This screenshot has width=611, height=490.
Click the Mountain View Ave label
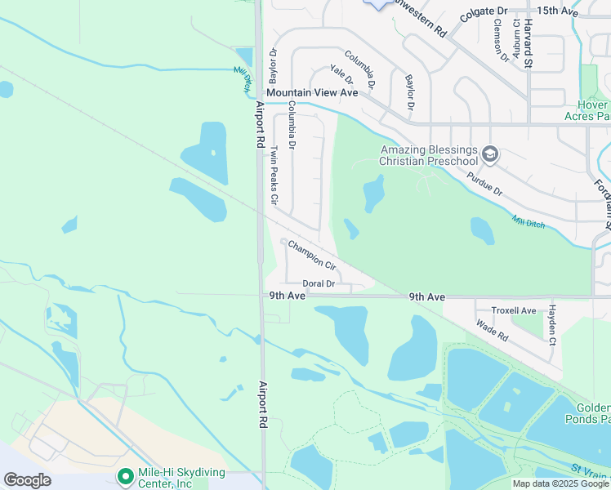click(312, 93)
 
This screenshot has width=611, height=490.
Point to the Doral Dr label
click(319, 283)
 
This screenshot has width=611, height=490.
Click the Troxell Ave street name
click(514, 311)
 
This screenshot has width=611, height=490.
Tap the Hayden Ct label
click(552, 324)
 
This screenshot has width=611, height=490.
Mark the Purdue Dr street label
click(484, 183)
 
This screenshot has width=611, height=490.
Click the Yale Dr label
click(341, 75)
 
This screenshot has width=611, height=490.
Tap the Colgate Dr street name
click(484, 11)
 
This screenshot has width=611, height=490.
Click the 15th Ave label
click(558, 11)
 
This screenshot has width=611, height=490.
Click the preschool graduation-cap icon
click(490, 153)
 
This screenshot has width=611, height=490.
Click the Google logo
click(27, 480)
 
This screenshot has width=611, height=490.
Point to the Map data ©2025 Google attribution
click(560, 483)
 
